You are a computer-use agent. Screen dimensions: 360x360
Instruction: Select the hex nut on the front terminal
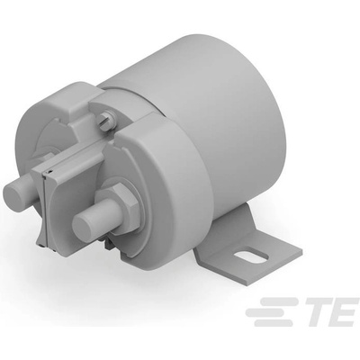(x=121, y=206)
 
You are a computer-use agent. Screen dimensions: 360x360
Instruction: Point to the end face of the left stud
(x=13, y=191)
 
